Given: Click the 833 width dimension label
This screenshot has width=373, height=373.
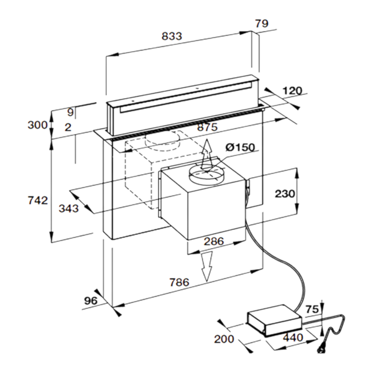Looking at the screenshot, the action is coord(172,36).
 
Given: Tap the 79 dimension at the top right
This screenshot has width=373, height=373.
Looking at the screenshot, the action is coord(262,24).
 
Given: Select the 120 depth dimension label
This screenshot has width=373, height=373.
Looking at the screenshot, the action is coord(292,91).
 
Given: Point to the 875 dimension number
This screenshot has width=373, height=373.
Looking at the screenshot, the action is coord(207,127).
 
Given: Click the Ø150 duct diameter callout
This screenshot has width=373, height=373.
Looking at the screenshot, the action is coord(240,147).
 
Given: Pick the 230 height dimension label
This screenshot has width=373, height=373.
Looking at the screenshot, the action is coord(285,193).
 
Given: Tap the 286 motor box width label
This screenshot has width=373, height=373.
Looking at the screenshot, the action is coord(214,241).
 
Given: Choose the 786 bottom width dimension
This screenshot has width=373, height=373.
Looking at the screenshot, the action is coord(180,282).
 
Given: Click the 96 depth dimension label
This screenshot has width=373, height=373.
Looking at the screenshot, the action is coord(91,301).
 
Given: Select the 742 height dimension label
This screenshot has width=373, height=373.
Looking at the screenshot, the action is coord(38,200).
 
